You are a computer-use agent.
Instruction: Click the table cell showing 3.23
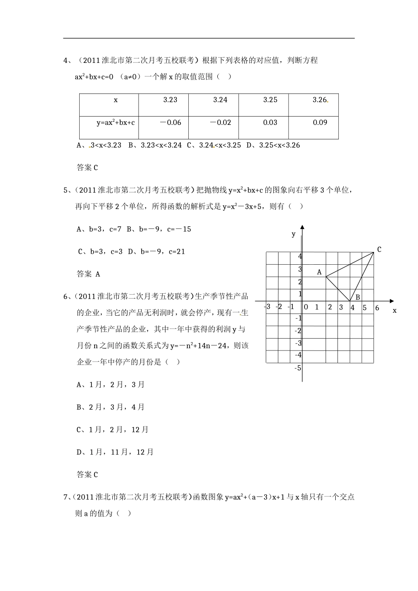tap(170, 100)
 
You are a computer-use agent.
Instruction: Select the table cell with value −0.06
tap(170, 123)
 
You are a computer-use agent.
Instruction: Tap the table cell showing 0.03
tap(270, 123)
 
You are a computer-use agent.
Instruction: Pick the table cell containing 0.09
tap(320, 123)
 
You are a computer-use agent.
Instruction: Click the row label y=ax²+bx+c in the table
tap(116, 123)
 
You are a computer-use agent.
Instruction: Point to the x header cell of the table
tap(116, 100)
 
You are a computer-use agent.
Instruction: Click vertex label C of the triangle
tap(379, 249)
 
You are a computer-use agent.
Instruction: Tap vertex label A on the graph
tap(319, 272)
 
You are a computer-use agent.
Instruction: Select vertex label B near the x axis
tap(358, 297)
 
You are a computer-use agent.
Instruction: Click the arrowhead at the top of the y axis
tap(302, 227)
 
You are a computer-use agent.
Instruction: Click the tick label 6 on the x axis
tap(377, 308)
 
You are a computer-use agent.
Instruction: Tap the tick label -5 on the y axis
tap(298, 368)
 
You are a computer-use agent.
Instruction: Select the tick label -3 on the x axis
tap(268, 306)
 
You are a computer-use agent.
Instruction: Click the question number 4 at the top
tap(66, 60)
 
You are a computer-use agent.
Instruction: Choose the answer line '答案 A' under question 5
tap(88, 274)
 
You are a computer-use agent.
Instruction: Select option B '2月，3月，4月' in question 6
tap(110, 407)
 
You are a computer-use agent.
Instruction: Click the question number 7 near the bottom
tap(66, 497)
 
